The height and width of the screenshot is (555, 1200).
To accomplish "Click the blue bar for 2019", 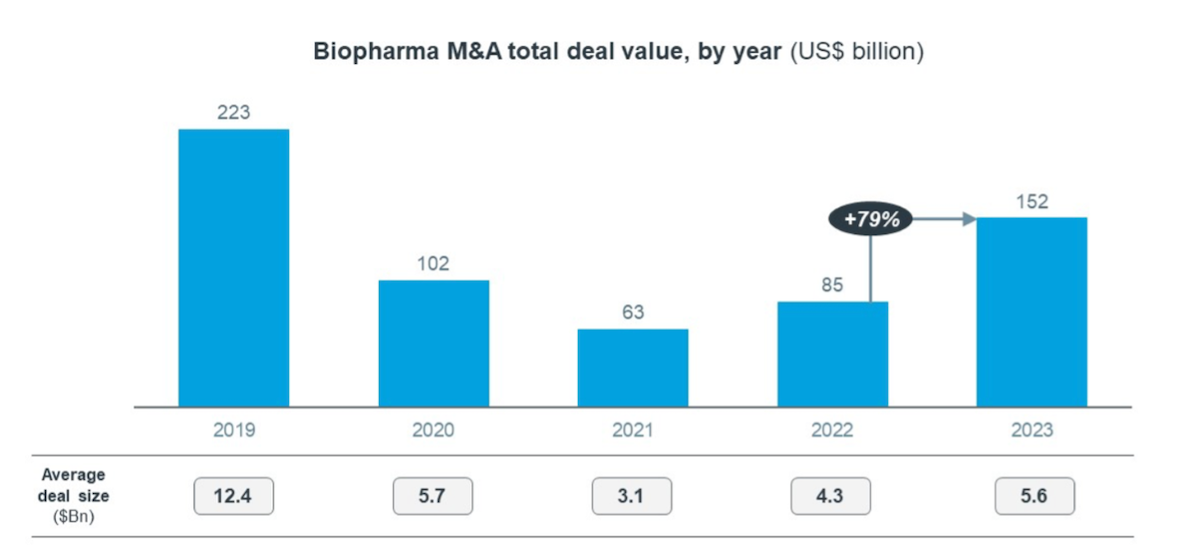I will click(233, 268).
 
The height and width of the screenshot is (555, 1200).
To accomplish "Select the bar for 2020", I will click(433, 343).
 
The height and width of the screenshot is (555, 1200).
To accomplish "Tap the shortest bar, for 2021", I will click(632, 368).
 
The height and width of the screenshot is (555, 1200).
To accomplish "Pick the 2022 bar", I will click(832, 354).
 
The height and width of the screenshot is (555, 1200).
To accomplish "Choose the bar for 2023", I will click(1031, 312).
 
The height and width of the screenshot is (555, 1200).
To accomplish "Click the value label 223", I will click(233, 113).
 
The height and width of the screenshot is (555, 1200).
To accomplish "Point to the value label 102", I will click(433, 264).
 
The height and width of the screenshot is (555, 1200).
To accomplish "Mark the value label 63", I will click(632, 313).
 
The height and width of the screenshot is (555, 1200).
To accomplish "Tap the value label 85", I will click(832, 286).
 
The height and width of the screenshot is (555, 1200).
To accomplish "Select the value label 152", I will click(1031, 201).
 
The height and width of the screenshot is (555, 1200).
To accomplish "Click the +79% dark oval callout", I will click(870, 219).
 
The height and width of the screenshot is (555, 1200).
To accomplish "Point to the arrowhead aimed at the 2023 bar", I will click(968, 219).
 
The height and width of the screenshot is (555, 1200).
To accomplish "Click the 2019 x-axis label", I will click(233, 430).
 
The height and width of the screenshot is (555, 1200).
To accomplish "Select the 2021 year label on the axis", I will click(632, 430).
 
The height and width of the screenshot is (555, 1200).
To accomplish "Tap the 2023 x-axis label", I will click(1031, 430).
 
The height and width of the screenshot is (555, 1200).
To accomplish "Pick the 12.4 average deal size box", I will click(233, 496).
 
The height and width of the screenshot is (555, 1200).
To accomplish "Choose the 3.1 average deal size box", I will click(632, 496).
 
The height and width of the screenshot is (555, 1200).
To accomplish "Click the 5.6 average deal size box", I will click(1034, 496).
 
